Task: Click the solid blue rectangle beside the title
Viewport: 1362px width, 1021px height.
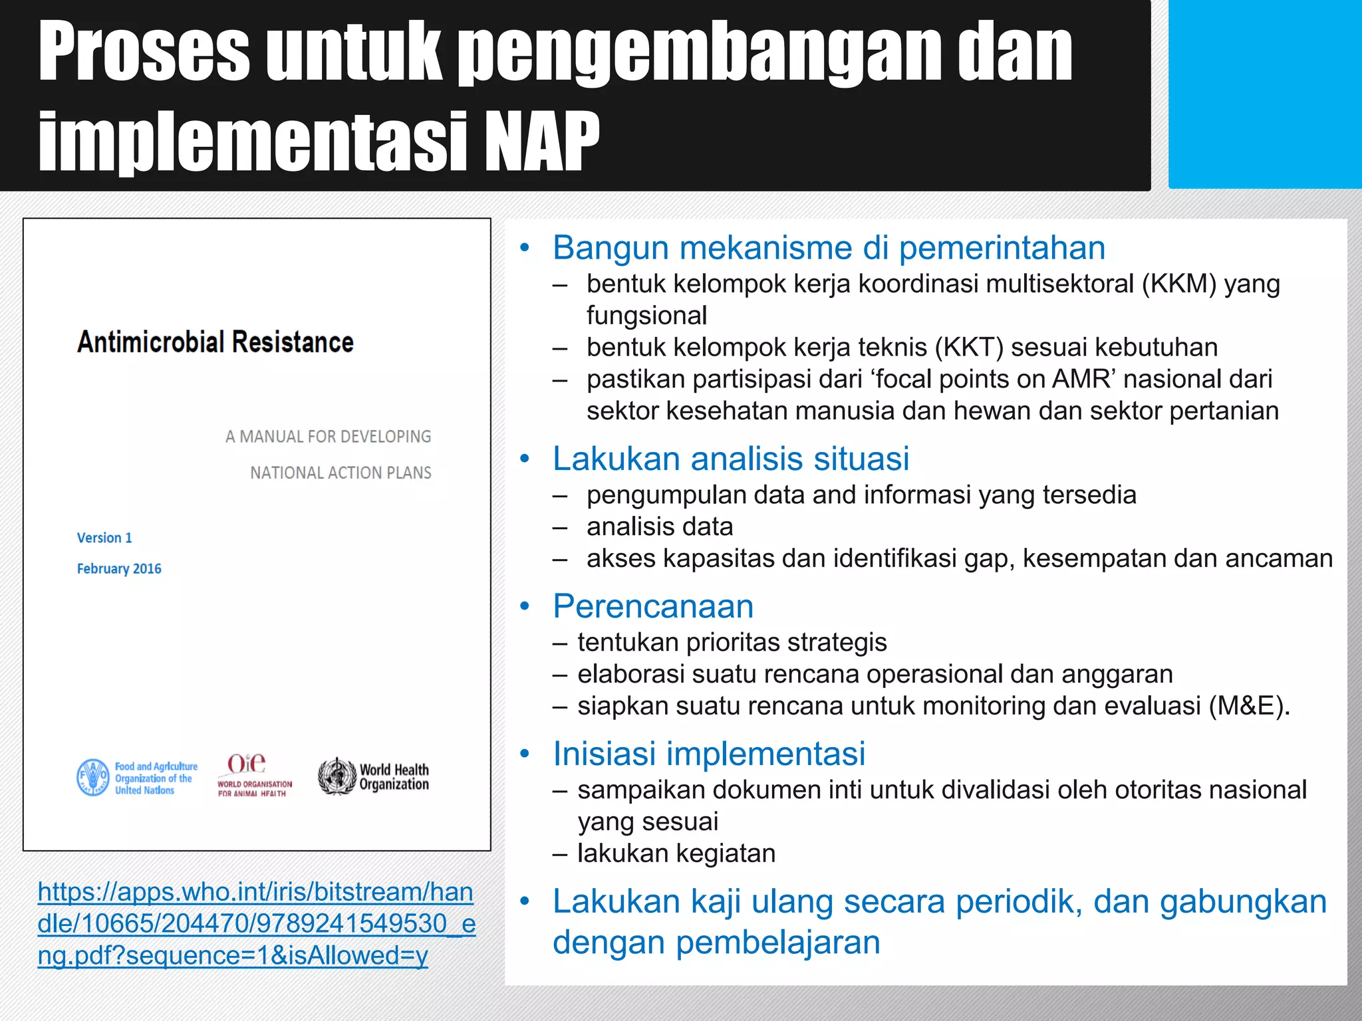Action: (x=1264, y=94)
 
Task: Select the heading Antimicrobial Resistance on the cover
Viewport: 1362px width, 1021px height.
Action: (x=215, y=342)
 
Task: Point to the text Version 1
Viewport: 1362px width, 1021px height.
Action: (x=104, y=538)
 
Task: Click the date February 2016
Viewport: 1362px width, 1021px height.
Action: (x=119, y=569)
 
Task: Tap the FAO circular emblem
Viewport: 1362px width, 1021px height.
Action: (x=92, y=777)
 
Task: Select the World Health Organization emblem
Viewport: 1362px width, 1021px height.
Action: (x=337, y=776)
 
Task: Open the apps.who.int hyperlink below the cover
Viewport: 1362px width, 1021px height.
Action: (x=256, y=923)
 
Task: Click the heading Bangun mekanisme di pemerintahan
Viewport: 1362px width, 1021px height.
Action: (x=829, y=248)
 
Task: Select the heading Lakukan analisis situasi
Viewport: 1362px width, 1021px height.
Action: (x=731, y=459)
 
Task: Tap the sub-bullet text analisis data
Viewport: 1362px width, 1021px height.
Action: (x=660, y=526)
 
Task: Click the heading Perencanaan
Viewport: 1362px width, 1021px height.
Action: (x=653, y=606)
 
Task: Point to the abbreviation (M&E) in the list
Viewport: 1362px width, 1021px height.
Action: (x=1245, y=706)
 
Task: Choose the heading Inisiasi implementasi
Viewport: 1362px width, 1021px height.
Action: (x=709, y=754)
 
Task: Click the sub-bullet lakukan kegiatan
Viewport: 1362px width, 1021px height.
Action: (x=676, y=853)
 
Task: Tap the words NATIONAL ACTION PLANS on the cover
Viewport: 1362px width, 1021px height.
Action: (x=340, y=473)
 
